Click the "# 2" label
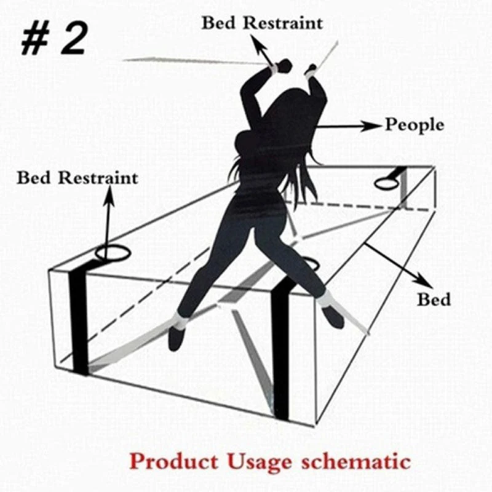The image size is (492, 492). [54, 38]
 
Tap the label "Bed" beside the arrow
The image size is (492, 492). [434, 300]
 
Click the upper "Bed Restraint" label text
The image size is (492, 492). [262, 23]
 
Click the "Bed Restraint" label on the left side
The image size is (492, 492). [77, 178]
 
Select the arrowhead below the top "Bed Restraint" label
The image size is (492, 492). [254, 44]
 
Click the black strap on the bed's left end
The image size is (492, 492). [78, 320]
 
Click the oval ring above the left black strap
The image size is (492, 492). [110, 253]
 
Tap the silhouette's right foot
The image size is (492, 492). [333, 317]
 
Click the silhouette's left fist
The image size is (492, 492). [284, 66]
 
